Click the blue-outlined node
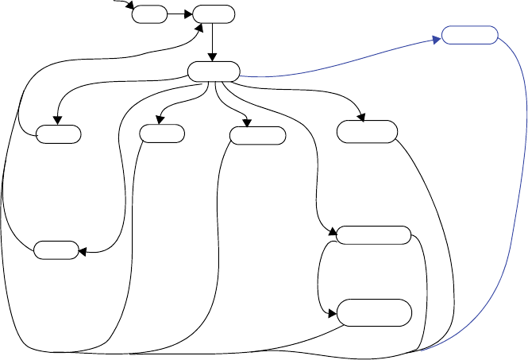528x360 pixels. (469, 36)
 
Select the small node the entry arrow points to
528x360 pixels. (149, 14)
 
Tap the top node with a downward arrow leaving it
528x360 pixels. (214, 14)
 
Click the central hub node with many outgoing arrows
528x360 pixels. (214, 71)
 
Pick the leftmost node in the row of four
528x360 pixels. (58, 134)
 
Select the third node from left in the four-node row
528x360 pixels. (257, 134)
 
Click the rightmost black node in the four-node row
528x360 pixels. (366, 132)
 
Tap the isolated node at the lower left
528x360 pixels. (56, 250)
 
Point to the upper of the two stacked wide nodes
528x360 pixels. (373, 235)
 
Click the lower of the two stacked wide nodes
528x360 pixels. (375, 312)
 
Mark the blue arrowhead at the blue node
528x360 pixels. (437, 39)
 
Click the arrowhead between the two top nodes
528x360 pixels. (189, 14)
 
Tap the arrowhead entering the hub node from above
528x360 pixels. (214, 57)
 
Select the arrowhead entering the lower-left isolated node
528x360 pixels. (83, 252)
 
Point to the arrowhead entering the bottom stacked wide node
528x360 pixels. (333, 313)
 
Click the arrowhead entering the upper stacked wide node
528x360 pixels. (333, 232)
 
